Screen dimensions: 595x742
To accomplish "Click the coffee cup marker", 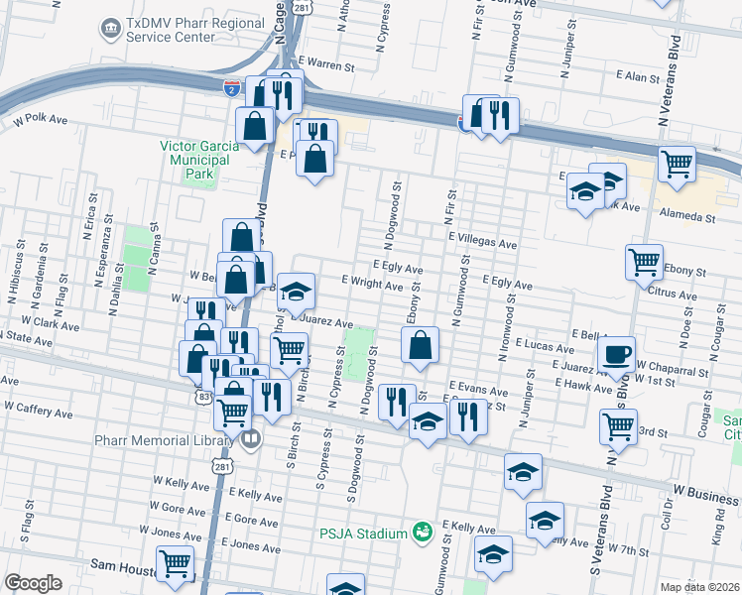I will coord(616,354).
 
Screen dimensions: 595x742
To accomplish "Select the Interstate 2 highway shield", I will coord(231,88).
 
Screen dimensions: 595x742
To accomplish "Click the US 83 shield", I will coord(203,396).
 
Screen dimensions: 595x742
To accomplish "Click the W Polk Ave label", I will coord(41,120).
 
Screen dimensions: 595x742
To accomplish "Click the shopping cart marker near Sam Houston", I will coord(175,563).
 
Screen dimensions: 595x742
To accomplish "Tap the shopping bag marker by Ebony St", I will coord(421,346).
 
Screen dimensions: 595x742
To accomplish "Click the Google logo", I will coord(33,583).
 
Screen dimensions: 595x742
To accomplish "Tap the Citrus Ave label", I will coord(673,294).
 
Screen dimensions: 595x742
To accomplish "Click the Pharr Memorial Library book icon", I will coord(251,438).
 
